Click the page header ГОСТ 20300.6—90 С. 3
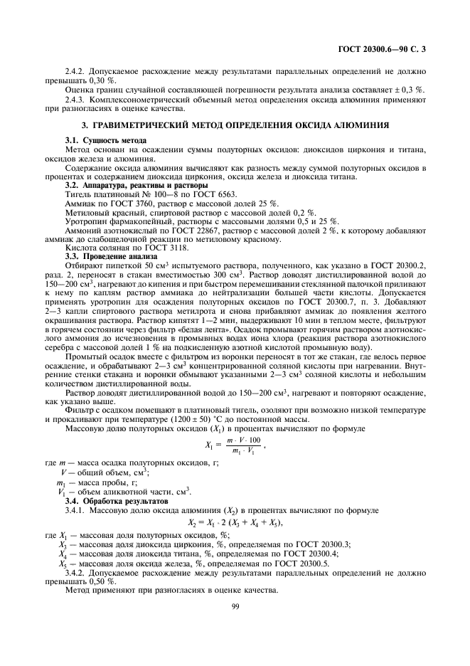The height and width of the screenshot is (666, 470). [383, 49]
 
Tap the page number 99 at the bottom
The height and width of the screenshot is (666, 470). [235, 606]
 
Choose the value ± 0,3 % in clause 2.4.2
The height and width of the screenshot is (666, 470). [410, 90]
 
